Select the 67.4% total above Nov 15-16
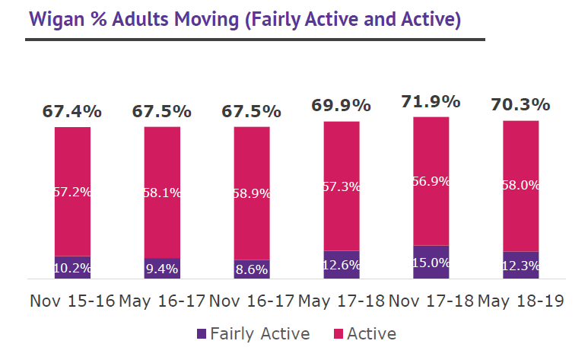tap(72, 111)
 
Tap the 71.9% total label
tap(431, 101)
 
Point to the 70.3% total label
tap(520, 105)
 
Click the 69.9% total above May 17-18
tap(341, 106)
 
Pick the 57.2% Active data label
tap(72, 192)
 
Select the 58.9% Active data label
tap(251, 193)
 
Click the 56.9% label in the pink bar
tap(431, 181)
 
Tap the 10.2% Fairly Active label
tap(72, 268)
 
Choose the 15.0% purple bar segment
tap(431, 262)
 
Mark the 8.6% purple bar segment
tap(251, 269)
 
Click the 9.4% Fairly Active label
tap(162, 268)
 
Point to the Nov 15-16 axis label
tap(72, 301)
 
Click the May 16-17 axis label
tap(162, 301)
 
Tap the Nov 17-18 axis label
tap(431, 301)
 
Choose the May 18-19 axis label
tap(520, 301)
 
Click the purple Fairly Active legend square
tap(202, 334)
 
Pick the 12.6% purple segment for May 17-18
tap(341, 265)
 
